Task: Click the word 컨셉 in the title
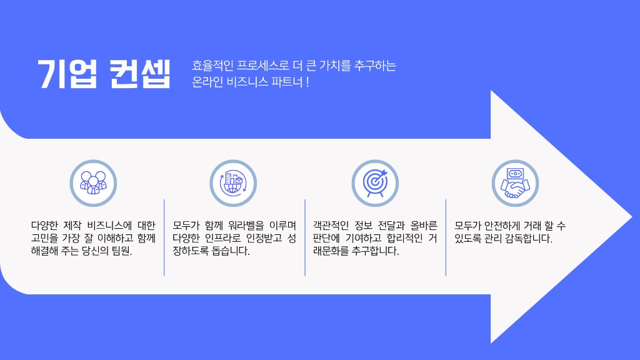(x=139, y=74)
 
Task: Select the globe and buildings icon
(x=233, y=182)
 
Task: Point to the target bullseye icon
(x=375, y=182)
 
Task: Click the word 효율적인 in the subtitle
(x=212, y=66)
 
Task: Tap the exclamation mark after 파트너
(x=307, y=82)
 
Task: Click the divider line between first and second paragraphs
(x=164, y=237)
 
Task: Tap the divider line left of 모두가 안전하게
(x=446, y=237)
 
